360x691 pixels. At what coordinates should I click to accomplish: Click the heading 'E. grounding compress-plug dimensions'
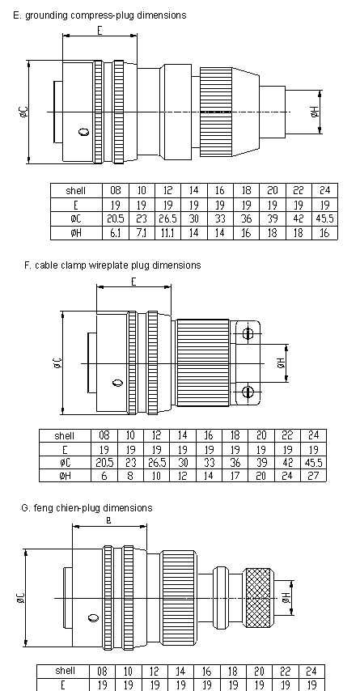pyautogui.click(x=100, y=15)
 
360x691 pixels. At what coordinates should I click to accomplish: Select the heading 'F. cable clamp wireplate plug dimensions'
pyautogui.click(x=112, y=265)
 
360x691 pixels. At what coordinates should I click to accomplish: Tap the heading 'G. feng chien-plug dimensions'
pyautogui.click(x=87, y=508)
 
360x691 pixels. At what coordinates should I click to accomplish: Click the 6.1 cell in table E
pyautogui.click(x=116, y=233)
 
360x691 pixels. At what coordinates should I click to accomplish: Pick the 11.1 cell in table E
pyautogui.click(x=168, y=233)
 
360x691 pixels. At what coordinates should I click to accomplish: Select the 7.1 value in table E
pyautogui.click(x=142, y=233)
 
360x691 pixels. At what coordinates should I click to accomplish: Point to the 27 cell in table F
pyautogui.click(x=314, y=476)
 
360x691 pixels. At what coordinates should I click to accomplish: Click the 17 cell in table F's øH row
pyautogui.click(x=235, y=476)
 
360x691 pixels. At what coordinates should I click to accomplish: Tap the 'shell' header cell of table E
pyautogui.click(x=76, y=191)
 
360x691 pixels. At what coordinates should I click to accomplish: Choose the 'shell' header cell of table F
pyautogui.click(x=65, y=436)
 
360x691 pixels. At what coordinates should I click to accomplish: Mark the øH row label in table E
pyautogui.click(x=76, y=233)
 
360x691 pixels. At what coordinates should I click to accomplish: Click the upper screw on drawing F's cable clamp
pyautogui.click(x=248, y=333)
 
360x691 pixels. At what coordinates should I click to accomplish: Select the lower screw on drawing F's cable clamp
pyautogui.click(x=248, y=392)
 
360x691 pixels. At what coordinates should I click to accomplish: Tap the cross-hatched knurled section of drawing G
pyautogui.click(x=259, y=598)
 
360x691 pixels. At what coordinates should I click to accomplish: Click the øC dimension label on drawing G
pyautogui.click(x=21, y=598)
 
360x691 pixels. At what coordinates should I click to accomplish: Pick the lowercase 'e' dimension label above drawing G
pyautogui.click(x=109, y=520)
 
